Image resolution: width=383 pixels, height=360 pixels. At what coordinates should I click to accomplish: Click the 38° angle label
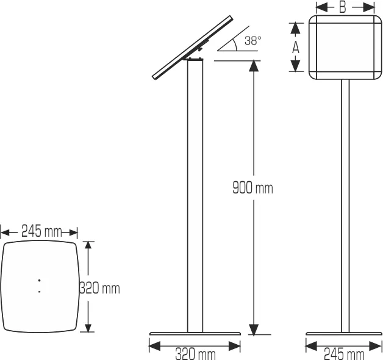coord(252,40)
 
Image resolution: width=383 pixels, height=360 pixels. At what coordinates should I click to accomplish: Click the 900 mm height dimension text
coord(252,188)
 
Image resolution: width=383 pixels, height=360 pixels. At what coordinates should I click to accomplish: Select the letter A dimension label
coord(295,47)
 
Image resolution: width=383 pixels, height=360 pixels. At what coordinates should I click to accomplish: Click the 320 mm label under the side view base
coord(195,353)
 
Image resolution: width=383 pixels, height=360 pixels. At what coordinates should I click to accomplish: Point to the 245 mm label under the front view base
coord(344,353)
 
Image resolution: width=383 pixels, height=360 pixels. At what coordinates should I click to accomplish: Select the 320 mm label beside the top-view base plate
coord(100,287)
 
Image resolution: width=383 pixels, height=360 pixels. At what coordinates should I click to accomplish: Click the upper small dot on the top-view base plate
coord(39,281)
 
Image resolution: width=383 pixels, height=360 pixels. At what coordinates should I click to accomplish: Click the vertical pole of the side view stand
coord(195,195)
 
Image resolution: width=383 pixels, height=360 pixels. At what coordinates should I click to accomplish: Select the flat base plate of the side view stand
coord(195,334)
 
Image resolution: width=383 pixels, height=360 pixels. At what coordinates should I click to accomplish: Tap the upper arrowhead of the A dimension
coord(295,28)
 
